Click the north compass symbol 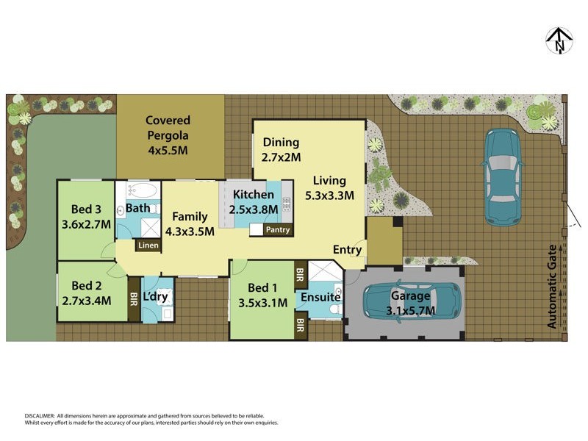pos(560,40)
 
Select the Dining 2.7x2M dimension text pos(282,157)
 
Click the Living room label pos(329,180)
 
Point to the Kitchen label pos(254,195)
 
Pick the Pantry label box pos(278,230)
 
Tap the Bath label pos(137,208)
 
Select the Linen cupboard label pos(148,245)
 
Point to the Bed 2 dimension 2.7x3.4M pos(86,300)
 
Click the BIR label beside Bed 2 pos(134,299)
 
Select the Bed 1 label pos(262,287)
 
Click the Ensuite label pos(319,297)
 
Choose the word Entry pos(347,250)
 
